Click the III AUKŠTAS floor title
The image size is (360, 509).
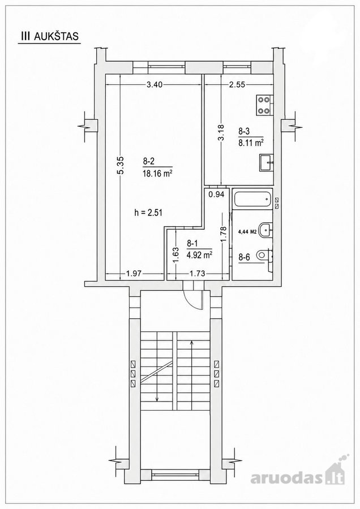[50, 36]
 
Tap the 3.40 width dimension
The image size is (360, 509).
[155, 85]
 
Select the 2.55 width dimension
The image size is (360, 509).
[237, 85]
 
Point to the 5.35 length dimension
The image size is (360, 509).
[121, 166]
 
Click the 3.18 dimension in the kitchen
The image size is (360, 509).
[221, 133]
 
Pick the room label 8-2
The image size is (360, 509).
[148, 161]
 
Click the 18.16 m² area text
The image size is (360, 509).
[157, 174]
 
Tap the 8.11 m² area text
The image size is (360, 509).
[251, 143]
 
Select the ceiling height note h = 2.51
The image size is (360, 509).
[148, 213]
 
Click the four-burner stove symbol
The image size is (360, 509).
[264, 105]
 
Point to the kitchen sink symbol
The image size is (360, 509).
[267, 162]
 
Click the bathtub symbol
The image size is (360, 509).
[252, 199]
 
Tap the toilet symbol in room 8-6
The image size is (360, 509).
[264, 255]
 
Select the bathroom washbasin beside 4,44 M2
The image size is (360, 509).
[267, 229]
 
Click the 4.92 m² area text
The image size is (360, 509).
[199, 255]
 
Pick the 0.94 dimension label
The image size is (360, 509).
[216, 195]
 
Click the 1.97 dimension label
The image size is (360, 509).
[134, 273]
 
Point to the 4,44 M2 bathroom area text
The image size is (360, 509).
[247, 232]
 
